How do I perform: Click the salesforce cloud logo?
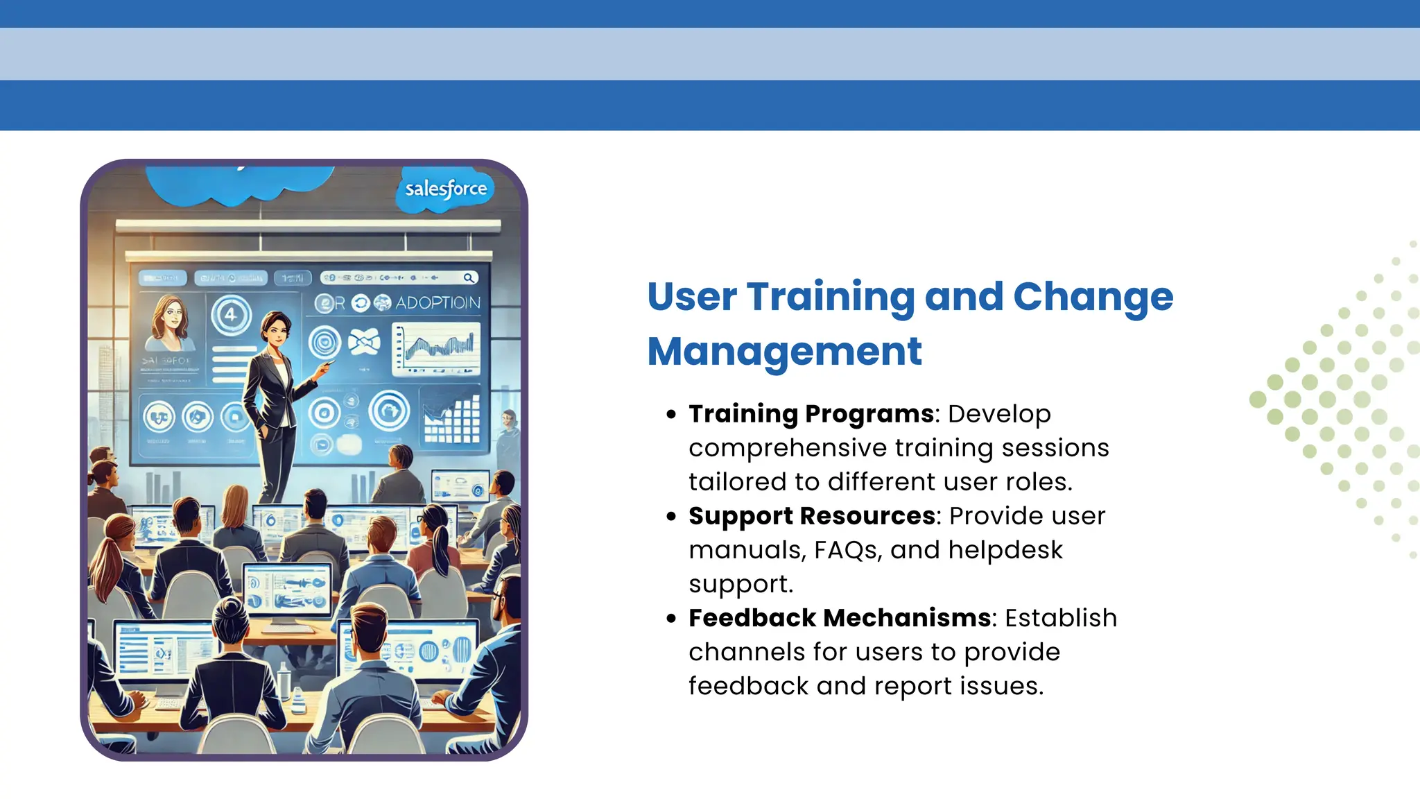point(446,189)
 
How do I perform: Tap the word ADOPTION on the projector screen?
point(438,303)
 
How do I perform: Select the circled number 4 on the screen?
point(231,314)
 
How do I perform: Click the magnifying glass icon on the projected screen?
point(469,278)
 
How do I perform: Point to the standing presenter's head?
point(275,327)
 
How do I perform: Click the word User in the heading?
point(691,297)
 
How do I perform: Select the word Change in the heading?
point(1093,297)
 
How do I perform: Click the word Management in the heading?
point(784,351)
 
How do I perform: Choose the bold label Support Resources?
point(812,516)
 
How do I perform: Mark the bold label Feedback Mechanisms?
point(840,618)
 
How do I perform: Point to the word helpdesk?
point(1005,550)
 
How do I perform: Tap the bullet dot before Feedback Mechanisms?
point(670,619)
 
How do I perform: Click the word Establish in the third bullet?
point(1061,618)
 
